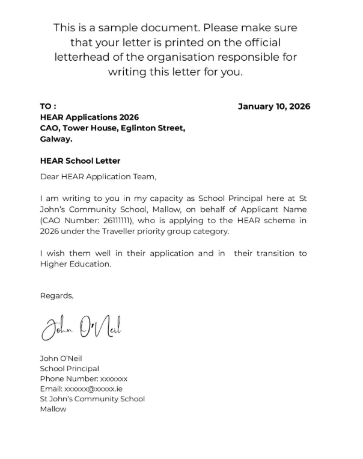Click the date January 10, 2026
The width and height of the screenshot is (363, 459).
[x=274, y=106]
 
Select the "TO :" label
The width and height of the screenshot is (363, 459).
[x=48, y=106]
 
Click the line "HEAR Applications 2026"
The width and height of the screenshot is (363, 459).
[x=89, y=117]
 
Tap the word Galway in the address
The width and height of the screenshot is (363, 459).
[x=55, y=139]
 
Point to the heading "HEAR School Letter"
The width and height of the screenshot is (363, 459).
[x=80, y=161]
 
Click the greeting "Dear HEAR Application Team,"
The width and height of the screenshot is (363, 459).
[x=98, y=177]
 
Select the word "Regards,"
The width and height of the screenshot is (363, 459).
[x=56, y=295]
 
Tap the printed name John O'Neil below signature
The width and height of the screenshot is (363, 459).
[x=61, y=359]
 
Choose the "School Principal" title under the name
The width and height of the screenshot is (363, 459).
[x=69, y=369]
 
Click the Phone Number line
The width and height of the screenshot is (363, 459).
[x=84, y=379]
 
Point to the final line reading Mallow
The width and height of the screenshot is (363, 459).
[x=53, y=409]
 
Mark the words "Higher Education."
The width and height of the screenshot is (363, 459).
[x=76, y=264]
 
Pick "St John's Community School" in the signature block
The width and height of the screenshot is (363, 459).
[x=92, y=399]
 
